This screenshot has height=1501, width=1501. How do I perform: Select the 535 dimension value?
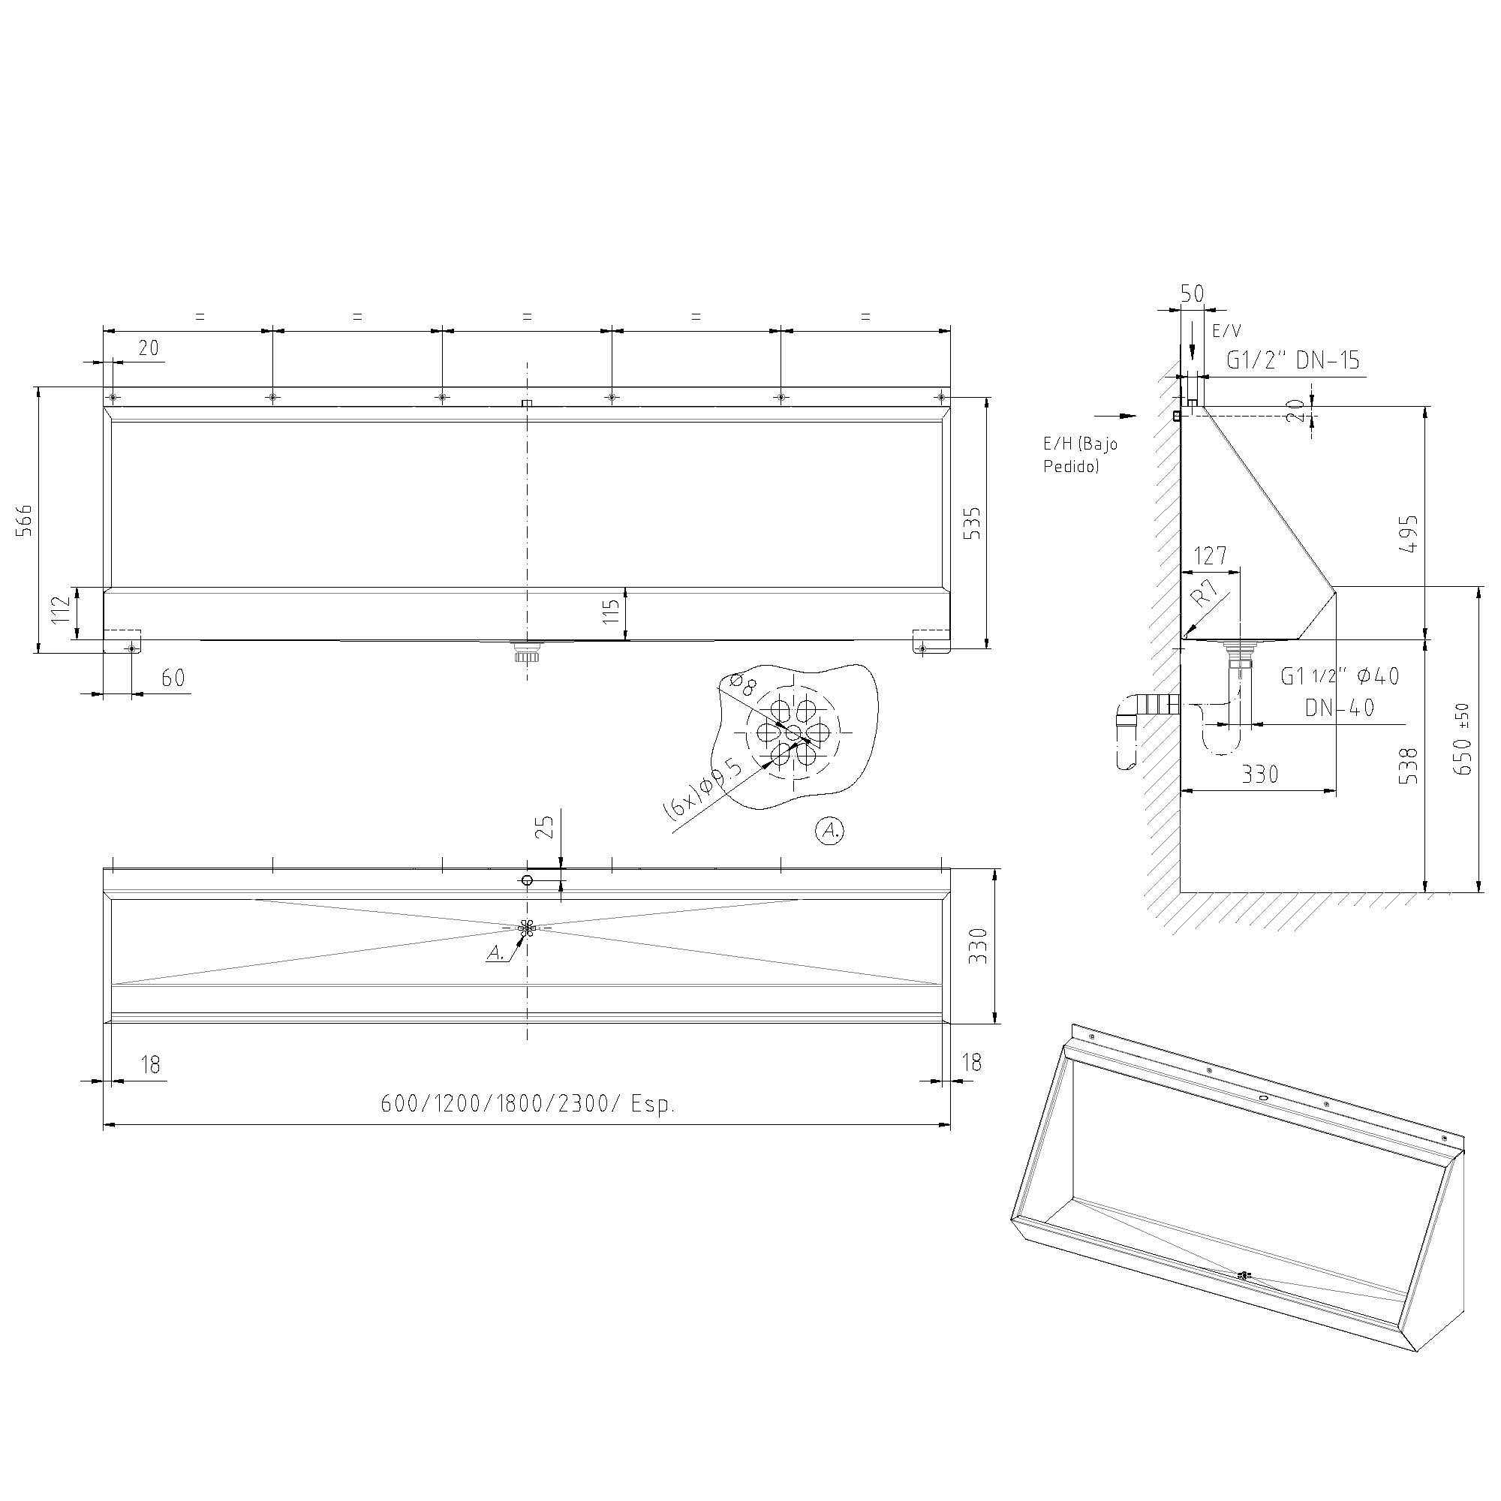coord(972,523)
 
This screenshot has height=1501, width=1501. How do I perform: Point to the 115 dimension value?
coord(611,612)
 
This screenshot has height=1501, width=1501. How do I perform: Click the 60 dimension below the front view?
coord(173,678)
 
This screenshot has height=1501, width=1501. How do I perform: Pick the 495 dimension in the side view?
coord(1408,533)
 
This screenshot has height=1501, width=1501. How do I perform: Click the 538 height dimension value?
coord(1408,766)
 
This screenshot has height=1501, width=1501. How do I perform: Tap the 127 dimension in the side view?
coord(1211,555)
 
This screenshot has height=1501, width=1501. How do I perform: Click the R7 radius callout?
coord(1205,595)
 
